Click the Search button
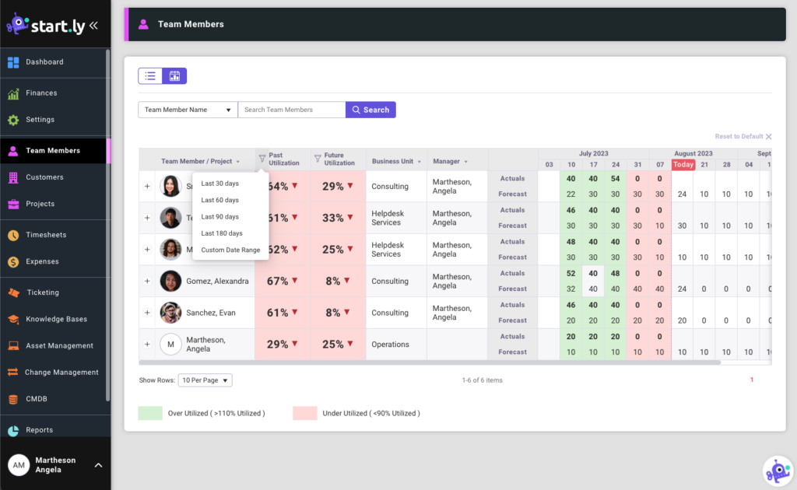pyautogui.click(x=370, y=110)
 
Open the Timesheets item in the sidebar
pyautogui.click(x=46, y=235)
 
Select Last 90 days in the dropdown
pyautogui.click(x=219, y=217)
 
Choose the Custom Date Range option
pyautogui.click(x=230, y=250)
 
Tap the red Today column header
pyautogui.click(x=683, y=165)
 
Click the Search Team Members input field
pyautogui.click(x=291, y=110)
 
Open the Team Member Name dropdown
pyautogui.click(x=188, y=110)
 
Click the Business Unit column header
pyautogui.click(x=393, y=162)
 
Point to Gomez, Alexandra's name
pyautogui.click(x=217, y=282)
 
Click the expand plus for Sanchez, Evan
pyautogui.click(x=147, y=313)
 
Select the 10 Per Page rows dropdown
pyautogui.click(x=205, y=380)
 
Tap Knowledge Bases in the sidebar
pyautogui.click(x=56, y=319)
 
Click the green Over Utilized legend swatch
pyautogui.click(x=150, y=413)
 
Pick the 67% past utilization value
pyautogui.click(x=278, y=282)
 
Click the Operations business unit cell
pyautogui.click(x=390, y=345)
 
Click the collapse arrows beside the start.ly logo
pyautogui.click(x=93, y=26)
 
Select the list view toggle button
pyautogui.click(x=150, y=76)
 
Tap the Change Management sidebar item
pyautogui.click(x=61, y=373)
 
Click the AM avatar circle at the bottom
pyautogui.click(x=19, y=465)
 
